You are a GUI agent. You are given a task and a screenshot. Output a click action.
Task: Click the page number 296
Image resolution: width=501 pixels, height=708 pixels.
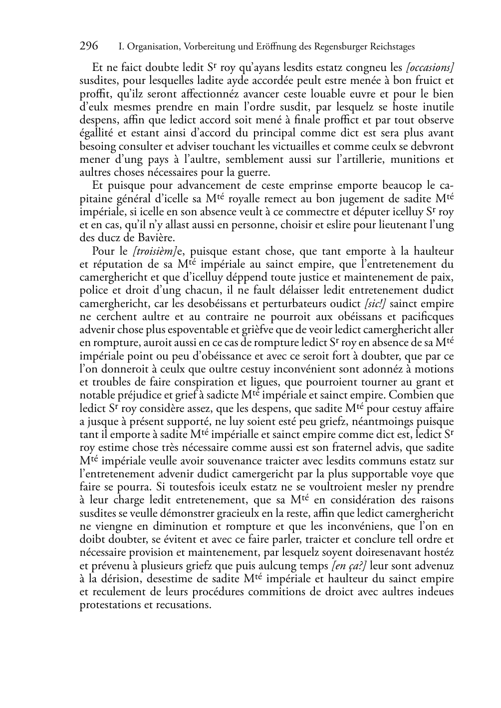pyautogui.click(x=89, y=46)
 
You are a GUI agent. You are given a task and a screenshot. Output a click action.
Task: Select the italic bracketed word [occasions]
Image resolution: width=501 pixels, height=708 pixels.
pyautogui.click(x=430, y=67)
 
